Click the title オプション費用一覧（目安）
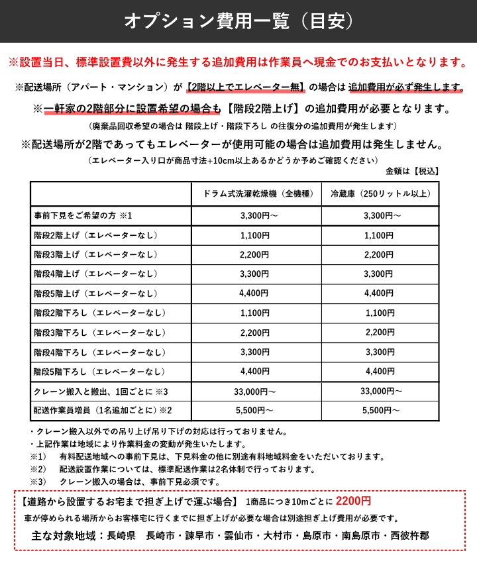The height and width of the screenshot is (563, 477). click(x=238, y=21)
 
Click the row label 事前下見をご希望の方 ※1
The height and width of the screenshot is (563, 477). click(x=84, y=215)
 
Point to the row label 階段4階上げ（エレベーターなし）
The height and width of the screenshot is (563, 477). click(x=97, y=274)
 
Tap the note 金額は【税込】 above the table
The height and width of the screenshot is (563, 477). click(x=412, y=171)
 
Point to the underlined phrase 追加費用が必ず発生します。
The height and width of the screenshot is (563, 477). click(x=406, y=87)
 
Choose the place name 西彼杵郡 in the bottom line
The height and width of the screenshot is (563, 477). click(x=414, y=535)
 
